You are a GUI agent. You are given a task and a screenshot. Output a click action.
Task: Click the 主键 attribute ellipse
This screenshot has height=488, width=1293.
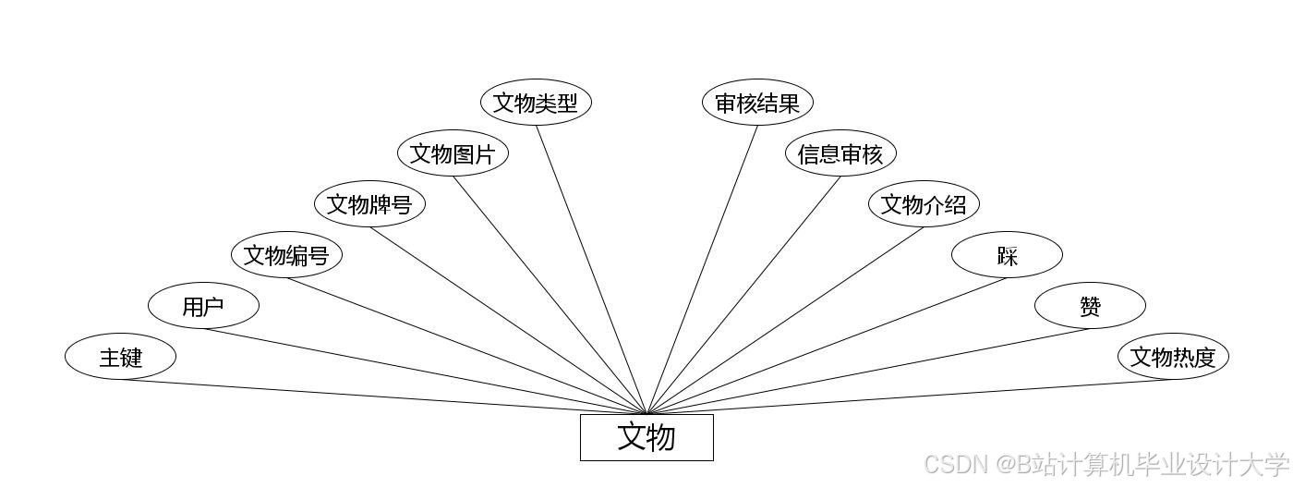point(120,357)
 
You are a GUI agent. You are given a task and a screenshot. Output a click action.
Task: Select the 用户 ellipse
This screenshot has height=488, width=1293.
point(203,306)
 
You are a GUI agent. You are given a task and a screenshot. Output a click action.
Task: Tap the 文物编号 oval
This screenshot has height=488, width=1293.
point(286,255)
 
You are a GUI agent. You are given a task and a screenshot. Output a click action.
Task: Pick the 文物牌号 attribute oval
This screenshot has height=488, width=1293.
point(369,204)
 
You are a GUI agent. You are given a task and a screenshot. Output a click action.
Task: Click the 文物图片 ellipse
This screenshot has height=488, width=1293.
point(453,153)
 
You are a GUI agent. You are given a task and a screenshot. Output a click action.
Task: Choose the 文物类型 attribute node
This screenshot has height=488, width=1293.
point(536,103)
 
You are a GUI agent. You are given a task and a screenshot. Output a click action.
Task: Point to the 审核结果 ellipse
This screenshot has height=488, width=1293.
point(757,103)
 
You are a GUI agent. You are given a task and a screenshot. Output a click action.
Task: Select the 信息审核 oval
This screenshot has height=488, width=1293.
point(840,153)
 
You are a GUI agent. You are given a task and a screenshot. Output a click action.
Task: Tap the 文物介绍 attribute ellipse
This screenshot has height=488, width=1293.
point(924,204)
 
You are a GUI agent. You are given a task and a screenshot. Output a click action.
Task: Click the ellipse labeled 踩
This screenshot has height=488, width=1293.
point(1007,255)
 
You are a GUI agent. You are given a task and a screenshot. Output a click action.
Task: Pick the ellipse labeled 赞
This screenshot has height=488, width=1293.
point(1090,306)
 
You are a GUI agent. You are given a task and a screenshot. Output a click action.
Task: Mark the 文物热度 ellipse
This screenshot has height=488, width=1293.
point(1173,357)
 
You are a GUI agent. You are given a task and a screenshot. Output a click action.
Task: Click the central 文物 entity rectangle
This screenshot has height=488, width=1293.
point(646,437)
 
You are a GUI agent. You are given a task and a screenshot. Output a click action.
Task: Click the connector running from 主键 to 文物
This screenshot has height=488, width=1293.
point(383,397)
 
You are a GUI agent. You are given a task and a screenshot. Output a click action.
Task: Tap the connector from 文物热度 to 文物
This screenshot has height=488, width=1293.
point(910,397)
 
